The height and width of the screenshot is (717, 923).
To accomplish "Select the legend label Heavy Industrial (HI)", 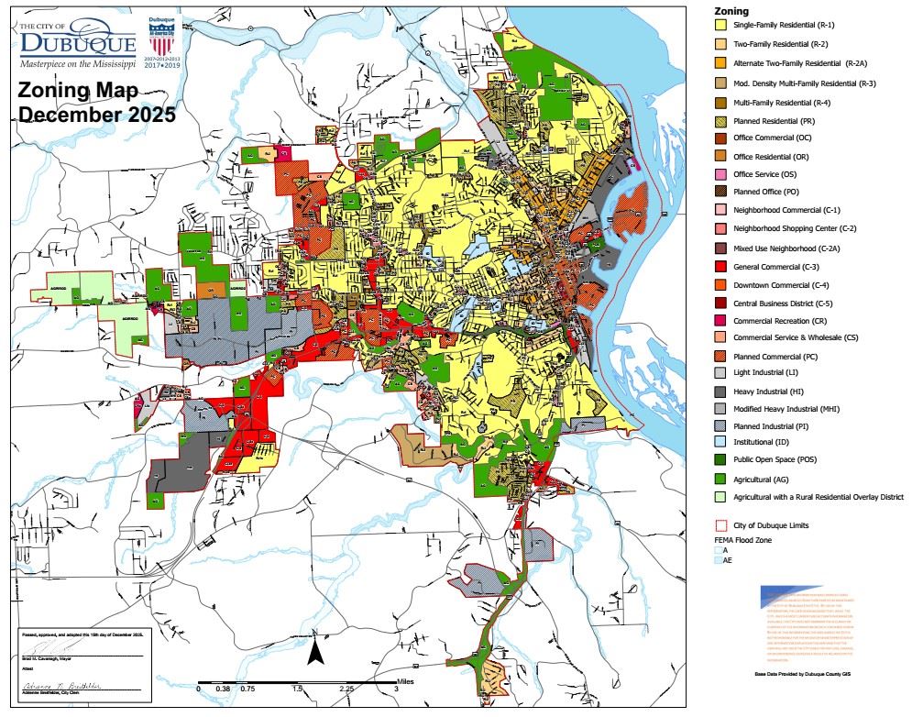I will [777, 392].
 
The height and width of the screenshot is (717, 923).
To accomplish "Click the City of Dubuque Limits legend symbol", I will [720, 526].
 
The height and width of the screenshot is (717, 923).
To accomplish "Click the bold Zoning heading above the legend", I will [730, 11].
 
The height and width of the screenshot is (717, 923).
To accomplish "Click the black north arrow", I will [314, 652].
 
